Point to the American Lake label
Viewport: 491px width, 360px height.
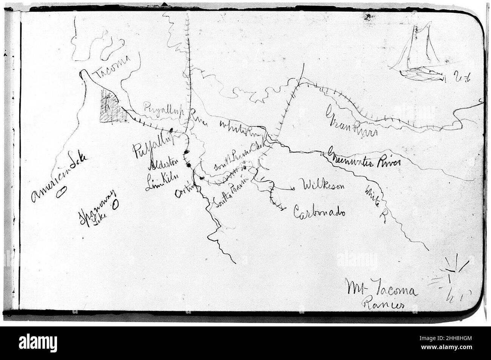point(59,176)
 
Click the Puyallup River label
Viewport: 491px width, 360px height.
point(166,112)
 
